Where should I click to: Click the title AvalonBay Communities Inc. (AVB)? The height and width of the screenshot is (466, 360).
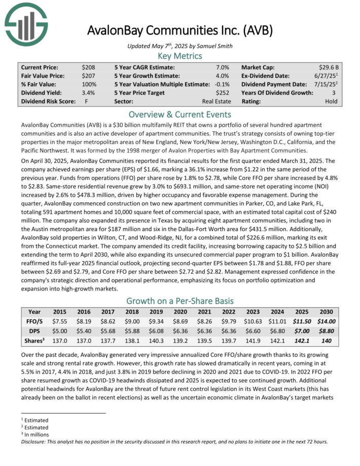[180, 30]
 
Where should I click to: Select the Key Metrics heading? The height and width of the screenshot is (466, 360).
[180, 56]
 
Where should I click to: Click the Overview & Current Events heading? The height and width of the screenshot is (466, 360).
[180, 114]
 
